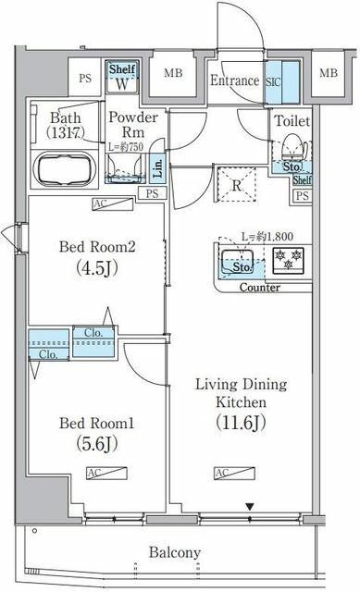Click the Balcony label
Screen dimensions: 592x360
point(174,553)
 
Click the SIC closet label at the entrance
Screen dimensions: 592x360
point(275,80)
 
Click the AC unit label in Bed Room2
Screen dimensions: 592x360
point(99,204)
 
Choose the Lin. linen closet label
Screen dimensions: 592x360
point(158,168)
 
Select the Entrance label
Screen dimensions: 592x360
point(233,80)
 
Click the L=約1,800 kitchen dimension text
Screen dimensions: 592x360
point(268,237)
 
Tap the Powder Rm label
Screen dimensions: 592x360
point(128,125)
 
